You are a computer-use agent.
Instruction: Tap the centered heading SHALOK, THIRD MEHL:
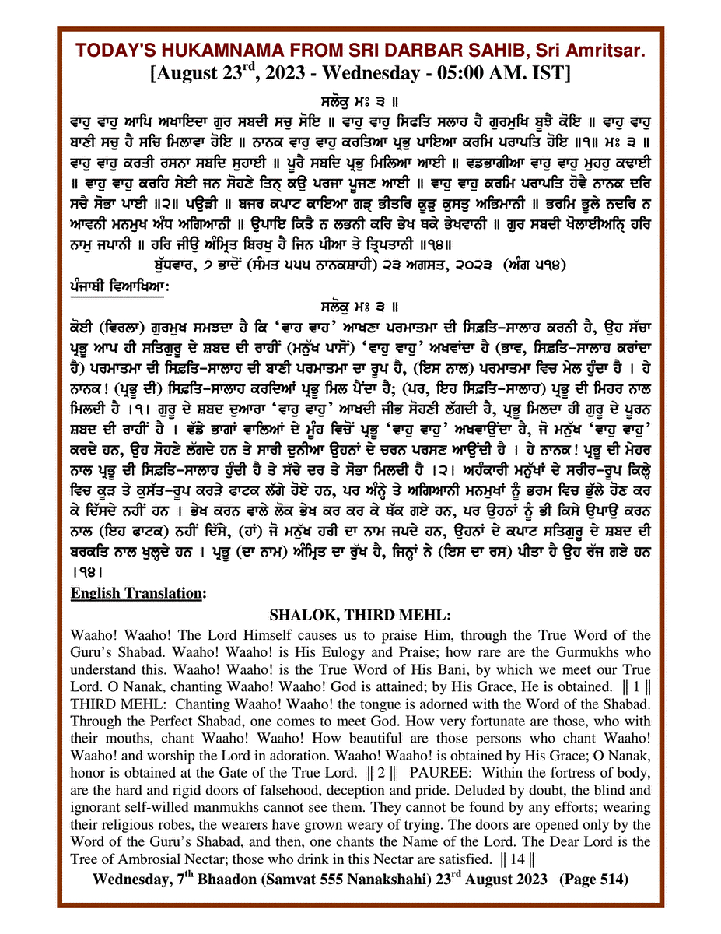[360, 615]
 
